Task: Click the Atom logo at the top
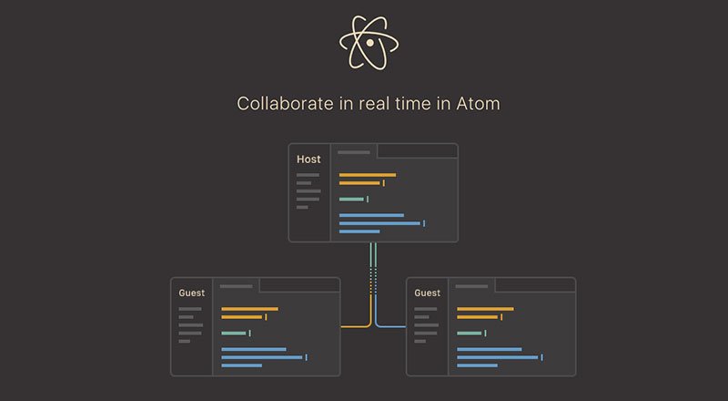[369, 42]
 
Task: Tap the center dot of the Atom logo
[369, 42]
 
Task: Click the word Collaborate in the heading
[280, 103]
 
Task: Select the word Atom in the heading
[479, 103]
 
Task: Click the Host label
[308, 159]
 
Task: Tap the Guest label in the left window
[191, 293]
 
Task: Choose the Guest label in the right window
[427, 293]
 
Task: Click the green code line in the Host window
[351, 199]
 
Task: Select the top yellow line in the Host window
[367, 175]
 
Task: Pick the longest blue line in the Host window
[379, 223]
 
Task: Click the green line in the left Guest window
[234, 333]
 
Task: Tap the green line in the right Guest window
[470, 333]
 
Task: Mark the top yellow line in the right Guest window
[485, 309]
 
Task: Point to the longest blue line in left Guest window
[262, 357]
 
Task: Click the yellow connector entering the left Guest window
[355, 325]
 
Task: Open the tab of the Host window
[354, 152]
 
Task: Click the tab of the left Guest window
[237, 286]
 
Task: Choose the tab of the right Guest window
[472, 286]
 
